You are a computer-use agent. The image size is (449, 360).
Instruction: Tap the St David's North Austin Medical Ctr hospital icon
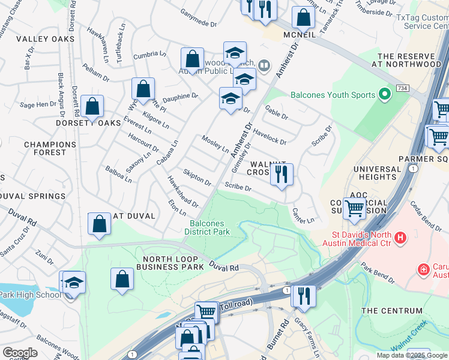(x=401, y=238)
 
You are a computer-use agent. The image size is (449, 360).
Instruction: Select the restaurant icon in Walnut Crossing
(x=282, y=175)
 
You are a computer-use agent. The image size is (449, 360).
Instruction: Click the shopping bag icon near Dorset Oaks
(x=92, y=107)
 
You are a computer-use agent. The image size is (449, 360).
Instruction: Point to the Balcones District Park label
(x=207, y=227)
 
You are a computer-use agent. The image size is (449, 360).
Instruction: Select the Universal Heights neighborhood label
(x=377, y=173)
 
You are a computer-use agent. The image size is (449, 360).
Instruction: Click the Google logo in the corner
(x=20, y=353)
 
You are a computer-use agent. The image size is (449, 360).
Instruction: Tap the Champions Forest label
(x=50, y=148)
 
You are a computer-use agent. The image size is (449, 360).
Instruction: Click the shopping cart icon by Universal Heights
(x=355, y=209)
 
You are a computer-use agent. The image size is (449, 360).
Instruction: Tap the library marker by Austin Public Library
(x=264, y=65)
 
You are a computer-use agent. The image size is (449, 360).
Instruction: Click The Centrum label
(x=392, y=311)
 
